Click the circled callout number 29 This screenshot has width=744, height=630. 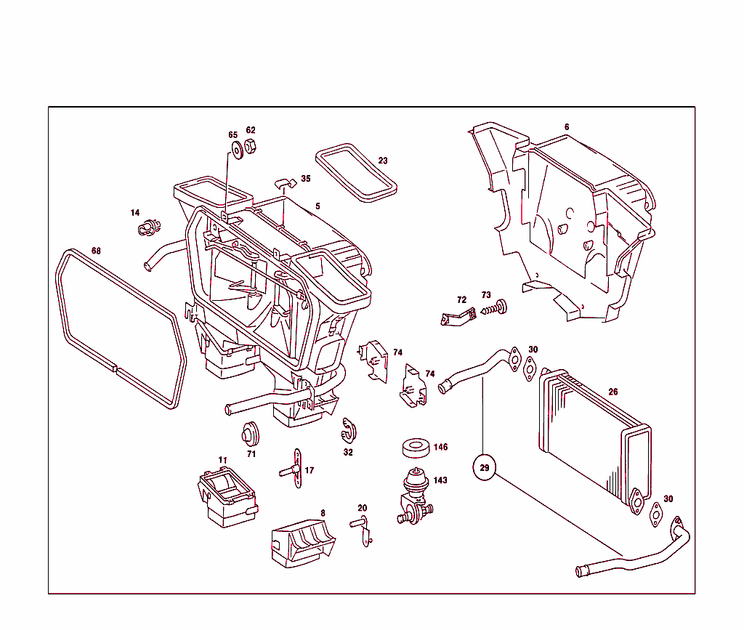485,468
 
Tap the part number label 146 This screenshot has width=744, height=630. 440,448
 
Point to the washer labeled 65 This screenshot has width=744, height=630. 237,150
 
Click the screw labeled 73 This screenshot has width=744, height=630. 494,310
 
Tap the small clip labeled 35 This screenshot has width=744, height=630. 285,181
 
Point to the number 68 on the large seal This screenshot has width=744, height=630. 96,251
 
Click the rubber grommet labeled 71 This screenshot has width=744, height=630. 251,433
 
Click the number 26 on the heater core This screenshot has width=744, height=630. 612,392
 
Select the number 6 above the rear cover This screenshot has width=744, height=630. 567,127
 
